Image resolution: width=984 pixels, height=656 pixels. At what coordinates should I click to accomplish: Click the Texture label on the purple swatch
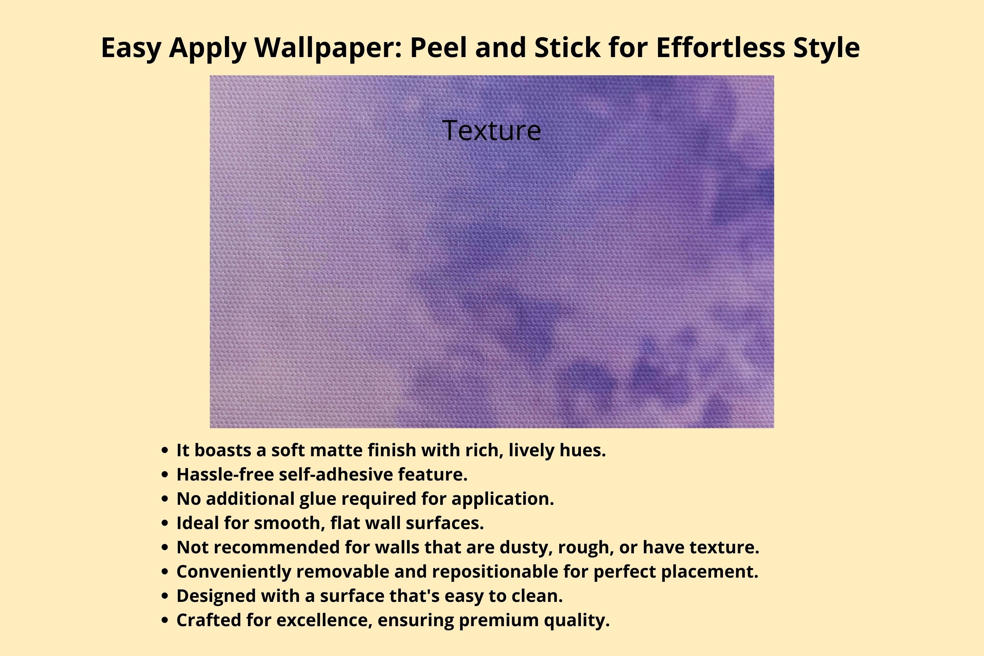pyautogui.click(x=492, y=130)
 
